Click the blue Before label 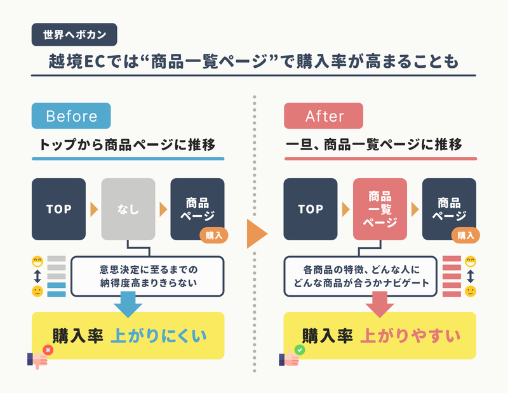[71, 116]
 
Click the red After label [323, 116]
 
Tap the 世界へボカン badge [74, 35]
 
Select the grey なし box [128, 209]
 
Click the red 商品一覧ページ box [380, 209]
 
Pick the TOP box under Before [58, 209]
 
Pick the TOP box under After [311, 209]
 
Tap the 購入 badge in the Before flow [214, 235]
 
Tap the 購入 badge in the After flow [465, 235]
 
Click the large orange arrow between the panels [256, 233]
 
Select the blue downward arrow [128, 304]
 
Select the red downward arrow [380, 304]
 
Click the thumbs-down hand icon [38, 360]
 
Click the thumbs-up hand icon [289, 358]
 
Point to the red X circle [48, 350]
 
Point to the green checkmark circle [300, 350]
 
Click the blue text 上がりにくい [159, 336]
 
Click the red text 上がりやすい [410, 336]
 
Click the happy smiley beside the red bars [471, 261]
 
